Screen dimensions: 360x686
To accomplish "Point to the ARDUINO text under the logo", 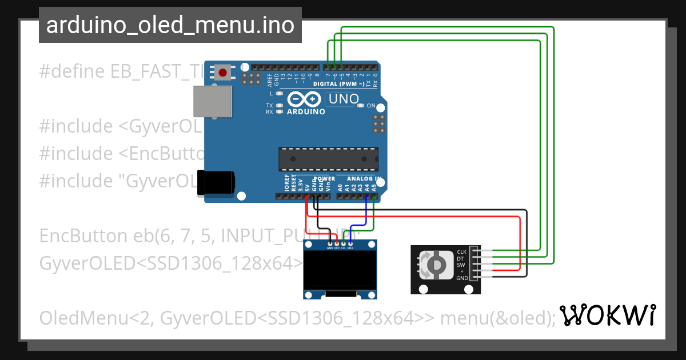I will point(306,112).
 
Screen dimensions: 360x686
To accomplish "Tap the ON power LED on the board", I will point(361,106).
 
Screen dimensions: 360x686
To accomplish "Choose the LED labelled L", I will point(279,93).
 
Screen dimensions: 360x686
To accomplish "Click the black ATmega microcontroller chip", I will point(328,159).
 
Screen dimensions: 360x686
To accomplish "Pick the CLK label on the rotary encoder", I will point(462,252).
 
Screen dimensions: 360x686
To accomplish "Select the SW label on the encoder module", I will point(461,265).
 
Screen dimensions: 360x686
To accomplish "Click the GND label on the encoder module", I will point(462,278).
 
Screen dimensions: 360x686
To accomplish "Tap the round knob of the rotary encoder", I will point(436,265).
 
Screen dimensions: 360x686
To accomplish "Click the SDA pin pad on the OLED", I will point(350,244).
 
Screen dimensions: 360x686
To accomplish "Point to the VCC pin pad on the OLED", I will point(337,244).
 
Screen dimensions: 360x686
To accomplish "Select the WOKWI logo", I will point(607,315).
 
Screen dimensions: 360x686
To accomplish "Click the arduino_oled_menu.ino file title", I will point(170,25).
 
